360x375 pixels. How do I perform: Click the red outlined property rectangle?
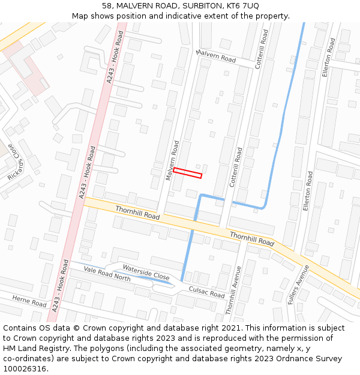coord(187,173)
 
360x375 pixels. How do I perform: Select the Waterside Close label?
coord(146,272)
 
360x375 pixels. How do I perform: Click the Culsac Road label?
coord(206,292)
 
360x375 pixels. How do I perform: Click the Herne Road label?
coord(29,301)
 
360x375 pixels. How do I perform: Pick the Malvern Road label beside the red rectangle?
coord(172,160)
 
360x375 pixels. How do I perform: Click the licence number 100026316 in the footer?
coord(25,369)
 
